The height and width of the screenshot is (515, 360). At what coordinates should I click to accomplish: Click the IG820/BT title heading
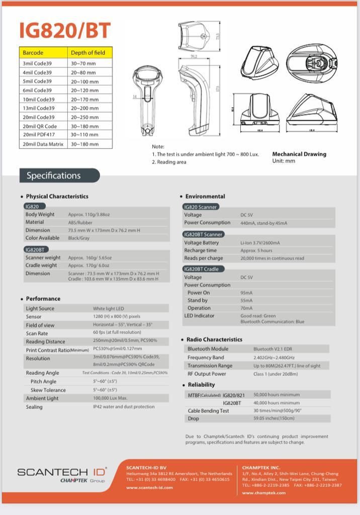click(65, 31)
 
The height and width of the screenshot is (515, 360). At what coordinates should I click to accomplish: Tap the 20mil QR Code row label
click(40, 126)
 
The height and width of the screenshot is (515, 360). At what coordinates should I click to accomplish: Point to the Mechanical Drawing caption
click(299, 154)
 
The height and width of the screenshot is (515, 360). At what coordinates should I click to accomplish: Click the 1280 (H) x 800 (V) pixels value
click(117, 317)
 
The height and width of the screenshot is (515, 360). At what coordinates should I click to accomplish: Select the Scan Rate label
click(37, 333)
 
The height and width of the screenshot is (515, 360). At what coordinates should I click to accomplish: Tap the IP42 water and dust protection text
click(124, 406)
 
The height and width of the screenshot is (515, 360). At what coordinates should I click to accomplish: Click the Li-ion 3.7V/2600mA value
click(260, 242)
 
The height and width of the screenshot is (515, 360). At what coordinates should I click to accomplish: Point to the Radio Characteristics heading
click(214, 339)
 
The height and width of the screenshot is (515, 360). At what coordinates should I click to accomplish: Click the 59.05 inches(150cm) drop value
click(273, 418)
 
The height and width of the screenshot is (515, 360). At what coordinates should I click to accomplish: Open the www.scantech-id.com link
click(149, 487)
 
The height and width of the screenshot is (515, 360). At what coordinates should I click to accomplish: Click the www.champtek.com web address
click(264, 493)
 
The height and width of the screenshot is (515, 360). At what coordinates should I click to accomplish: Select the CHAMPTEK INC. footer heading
click(261, 467)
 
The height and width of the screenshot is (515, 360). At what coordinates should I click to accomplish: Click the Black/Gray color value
click(79, 238)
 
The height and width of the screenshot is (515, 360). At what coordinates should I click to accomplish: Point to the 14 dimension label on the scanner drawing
click(135, 96)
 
